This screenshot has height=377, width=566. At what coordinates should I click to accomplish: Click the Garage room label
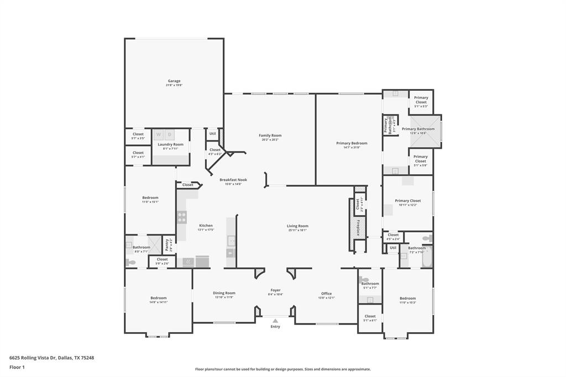click(174, 81)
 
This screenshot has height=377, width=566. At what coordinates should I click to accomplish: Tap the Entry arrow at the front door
click(275, 320)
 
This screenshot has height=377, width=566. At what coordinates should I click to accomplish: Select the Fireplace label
click(358, 228)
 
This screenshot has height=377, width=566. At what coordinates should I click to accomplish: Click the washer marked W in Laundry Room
click(159, 134)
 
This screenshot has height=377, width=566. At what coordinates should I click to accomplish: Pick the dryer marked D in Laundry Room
click(170, 134)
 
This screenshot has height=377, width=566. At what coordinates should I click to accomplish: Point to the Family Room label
click(270, 135)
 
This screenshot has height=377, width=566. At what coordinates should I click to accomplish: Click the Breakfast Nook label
click(233, 180)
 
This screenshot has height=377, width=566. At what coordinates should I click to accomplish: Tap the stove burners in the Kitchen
click(181, 217)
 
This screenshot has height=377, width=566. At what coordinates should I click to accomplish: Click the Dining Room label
click(224, 293)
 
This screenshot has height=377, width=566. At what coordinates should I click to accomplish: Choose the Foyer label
click(275, 290)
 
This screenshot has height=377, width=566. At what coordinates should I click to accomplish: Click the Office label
click(327, 294)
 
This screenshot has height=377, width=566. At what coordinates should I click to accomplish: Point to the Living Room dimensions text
click(297, 230)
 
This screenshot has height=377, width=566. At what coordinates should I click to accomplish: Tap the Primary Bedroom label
click(352, 143)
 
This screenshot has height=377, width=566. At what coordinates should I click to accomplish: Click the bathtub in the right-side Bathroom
click(426, 257)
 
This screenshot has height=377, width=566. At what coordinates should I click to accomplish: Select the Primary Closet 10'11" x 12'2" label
click(408, 201)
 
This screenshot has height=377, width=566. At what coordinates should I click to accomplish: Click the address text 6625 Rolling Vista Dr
click(51, 358)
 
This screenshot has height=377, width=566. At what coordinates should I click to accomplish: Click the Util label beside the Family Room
click(212, 133)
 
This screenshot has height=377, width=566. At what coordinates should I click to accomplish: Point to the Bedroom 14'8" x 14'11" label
click(158, 298)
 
